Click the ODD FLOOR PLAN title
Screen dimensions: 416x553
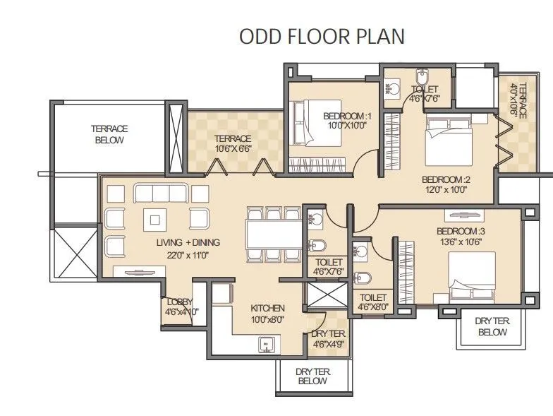click(x=322, y=37)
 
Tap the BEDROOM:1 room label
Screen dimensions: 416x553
click(x=347, y=116)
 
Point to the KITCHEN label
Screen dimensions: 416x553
click(x=267, y=308)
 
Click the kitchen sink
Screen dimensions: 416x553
click(x=267, y=345)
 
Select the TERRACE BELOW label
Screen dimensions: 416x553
click(x=109, y=134)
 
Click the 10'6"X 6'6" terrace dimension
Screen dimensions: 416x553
click(x=233, y=149)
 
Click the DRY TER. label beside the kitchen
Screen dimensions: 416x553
click(x=329, y=333)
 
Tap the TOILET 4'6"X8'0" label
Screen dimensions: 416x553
click(x=373, y=302)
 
